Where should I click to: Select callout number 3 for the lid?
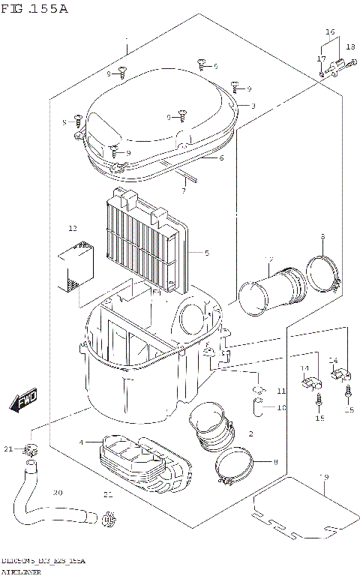(x=253, y=106)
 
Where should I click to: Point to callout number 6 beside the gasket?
(x=221, y=158)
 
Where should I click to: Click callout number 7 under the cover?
(x=183, y=190)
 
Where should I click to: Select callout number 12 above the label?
(x=73, y=228)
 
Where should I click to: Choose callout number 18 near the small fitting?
(x=350, y=47)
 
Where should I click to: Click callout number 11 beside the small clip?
(x=280, y=391)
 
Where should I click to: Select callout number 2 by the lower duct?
(x=250, y=434)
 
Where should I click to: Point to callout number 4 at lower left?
(x=80, y=443)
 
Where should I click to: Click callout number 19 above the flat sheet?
(x=324, y=477)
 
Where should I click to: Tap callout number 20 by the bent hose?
(x=57, y=493)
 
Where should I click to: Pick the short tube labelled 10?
(x=257, y=409)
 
